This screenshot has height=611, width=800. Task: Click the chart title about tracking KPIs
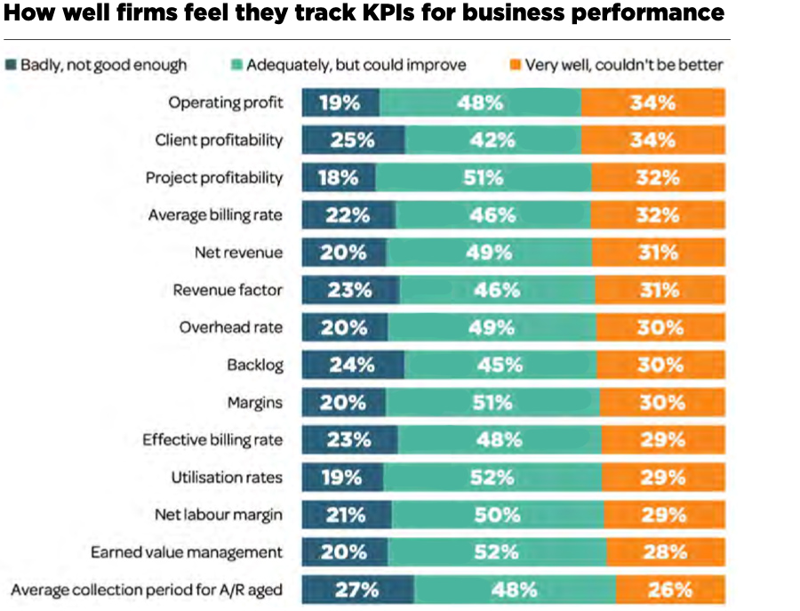(x=364, y=15)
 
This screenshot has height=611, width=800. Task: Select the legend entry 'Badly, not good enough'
(x=103, y=65)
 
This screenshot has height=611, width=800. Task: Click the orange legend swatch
(x=515, y=65)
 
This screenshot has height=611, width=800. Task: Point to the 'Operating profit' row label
(x=226, y=102)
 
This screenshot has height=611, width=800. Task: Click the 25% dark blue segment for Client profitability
(x=353, y=141)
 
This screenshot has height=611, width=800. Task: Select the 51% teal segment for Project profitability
(x=483, y=178)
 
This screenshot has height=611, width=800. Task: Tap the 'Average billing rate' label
(x=215, y=215)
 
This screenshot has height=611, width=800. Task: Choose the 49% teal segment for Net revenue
(x=490, y=253)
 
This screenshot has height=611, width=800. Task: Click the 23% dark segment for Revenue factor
(x=349, y=290)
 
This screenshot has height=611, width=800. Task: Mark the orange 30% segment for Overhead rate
(x=660, y=327)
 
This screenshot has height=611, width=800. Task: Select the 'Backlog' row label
(x=255, y=365)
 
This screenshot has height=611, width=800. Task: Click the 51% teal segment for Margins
(x=491, y=402)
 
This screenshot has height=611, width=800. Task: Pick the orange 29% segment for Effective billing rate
(x=662, y=439)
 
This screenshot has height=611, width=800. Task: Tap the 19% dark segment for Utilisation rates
(x=341, y=477)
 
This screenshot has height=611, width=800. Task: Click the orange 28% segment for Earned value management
(x=666, y=552)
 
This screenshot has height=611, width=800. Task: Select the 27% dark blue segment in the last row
(x=357, y=590)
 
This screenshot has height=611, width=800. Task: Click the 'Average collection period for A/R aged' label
(x=147, y=590)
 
